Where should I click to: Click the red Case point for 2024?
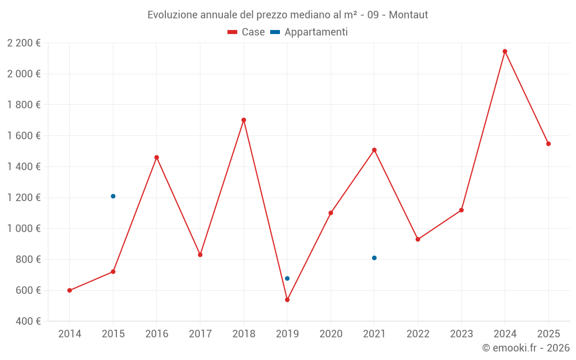(x=505, y=51)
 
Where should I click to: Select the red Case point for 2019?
(x=287, y=300)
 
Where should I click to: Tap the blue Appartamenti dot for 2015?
(x=113, y=196)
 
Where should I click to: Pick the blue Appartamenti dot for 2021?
(x=374, y=258)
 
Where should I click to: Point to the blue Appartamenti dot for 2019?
(x=287, y=279)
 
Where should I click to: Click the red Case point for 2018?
(x=244, y=120)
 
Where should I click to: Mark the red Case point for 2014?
(x=70, y=290)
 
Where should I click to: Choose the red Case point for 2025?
(x=548, y=144)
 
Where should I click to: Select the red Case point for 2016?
(x=157, y=157)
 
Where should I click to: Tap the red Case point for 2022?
(x=418, y=240)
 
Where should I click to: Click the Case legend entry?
(x=247, y=32)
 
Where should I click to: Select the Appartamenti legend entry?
(x=309, y=32)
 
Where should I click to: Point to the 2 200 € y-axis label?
(x=24, y=43)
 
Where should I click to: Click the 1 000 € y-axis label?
(x=24, y=229)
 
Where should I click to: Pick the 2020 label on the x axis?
(x=331, y=334)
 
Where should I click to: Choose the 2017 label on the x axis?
(x=200, y=334)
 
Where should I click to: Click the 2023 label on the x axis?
(x=461, y=334)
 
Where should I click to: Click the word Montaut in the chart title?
(x=408, y=15)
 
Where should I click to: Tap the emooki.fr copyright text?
(x=526, y=348)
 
